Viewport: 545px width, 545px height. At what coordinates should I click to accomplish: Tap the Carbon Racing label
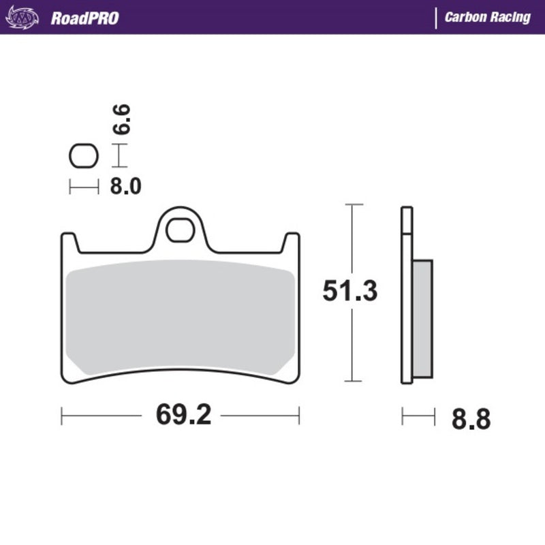pos(487,18)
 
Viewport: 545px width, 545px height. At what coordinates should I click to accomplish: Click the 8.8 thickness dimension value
pos(470,418)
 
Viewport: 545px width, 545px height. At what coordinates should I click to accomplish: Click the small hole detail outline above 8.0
pos(84,157)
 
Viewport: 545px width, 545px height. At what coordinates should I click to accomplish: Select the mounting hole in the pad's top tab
pos(180,230)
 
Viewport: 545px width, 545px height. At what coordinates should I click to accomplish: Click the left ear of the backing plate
pos(69,241)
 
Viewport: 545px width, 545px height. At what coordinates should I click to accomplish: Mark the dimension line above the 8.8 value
pos(418,415)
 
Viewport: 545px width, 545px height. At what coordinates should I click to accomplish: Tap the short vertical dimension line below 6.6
pos(119,155)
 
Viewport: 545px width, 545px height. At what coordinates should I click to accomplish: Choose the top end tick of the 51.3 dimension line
pos(352,204)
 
